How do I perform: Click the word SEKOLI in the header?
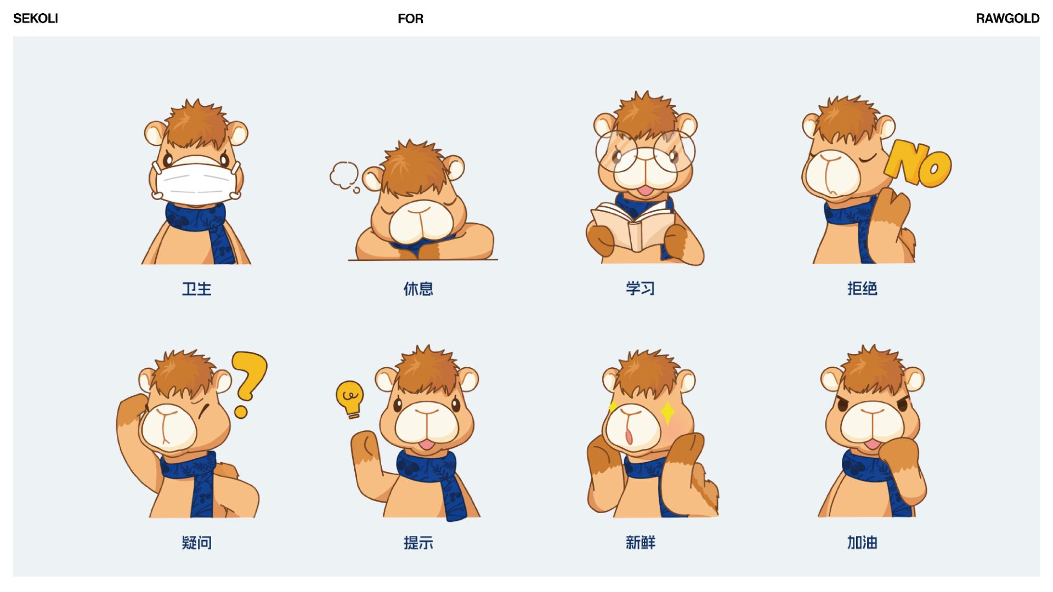point(36,19)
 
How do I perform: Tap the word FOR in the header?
point(410,19)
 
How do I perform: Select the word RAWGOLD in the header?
point(1007,19)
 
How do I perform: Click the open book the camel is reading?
point(633,225)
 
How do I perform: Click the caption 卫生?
point(196,289)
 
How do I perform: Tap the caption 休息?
point(418,289)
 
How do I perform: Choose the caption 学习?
point(640,288)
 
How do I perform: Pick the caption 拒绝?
point(862,288)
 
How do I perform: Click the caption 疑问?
point(196,543)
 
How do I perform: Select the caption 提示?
point(418,543)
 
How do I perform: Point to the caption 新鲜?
point(640,542)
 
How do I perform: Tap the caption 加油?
point(862,542)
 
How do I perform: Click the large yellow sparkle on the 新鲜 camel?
point(668,413)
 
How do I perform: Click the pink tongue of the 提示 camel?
point(427,443)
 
